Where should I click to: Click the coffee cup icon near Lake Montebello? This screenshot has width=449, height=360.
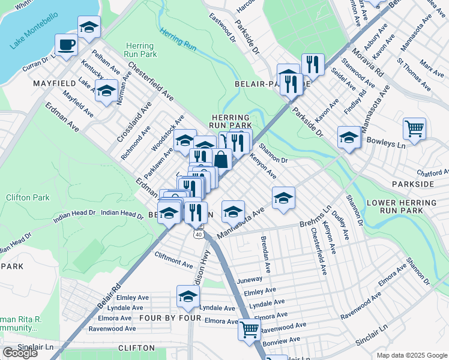[66, 44]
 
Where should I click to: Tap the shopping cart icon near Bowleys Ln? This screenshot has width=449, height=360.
[414, 128]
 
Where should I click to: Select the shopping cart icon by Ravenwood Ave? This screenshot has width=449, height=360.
[249, 329]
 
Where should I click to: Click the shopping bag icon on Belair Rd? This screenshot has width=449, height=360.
[221, 160]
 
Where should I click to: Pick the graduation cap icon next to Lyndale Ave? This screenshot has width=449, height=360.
[188, 296]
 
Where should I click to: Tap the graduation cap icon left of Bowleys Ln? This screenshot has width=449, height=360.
[349, 137]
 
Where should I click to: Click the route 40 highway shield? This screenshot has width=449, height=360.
[199, 235]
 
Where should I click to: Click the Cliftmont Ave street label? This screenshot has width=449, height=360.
[173, 259]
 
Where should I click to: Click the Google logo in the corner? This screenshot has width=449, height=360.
[20, 353]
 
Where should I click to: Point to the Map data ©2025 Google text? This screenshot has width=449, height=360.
[411, 355]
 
